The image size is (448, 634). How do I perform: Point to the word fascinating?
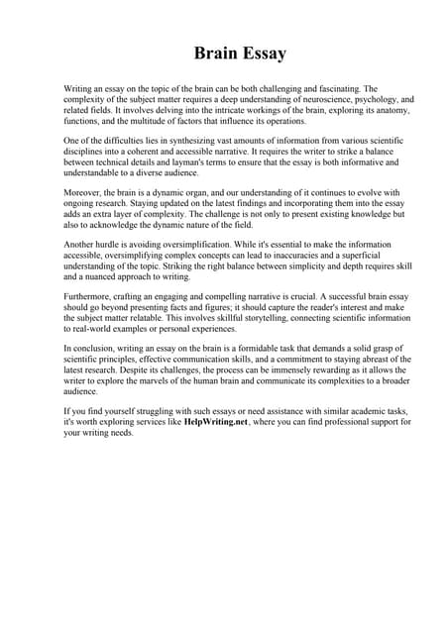click(337, 89)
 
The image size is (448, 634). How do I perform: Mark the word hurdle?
click(112, 245)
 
